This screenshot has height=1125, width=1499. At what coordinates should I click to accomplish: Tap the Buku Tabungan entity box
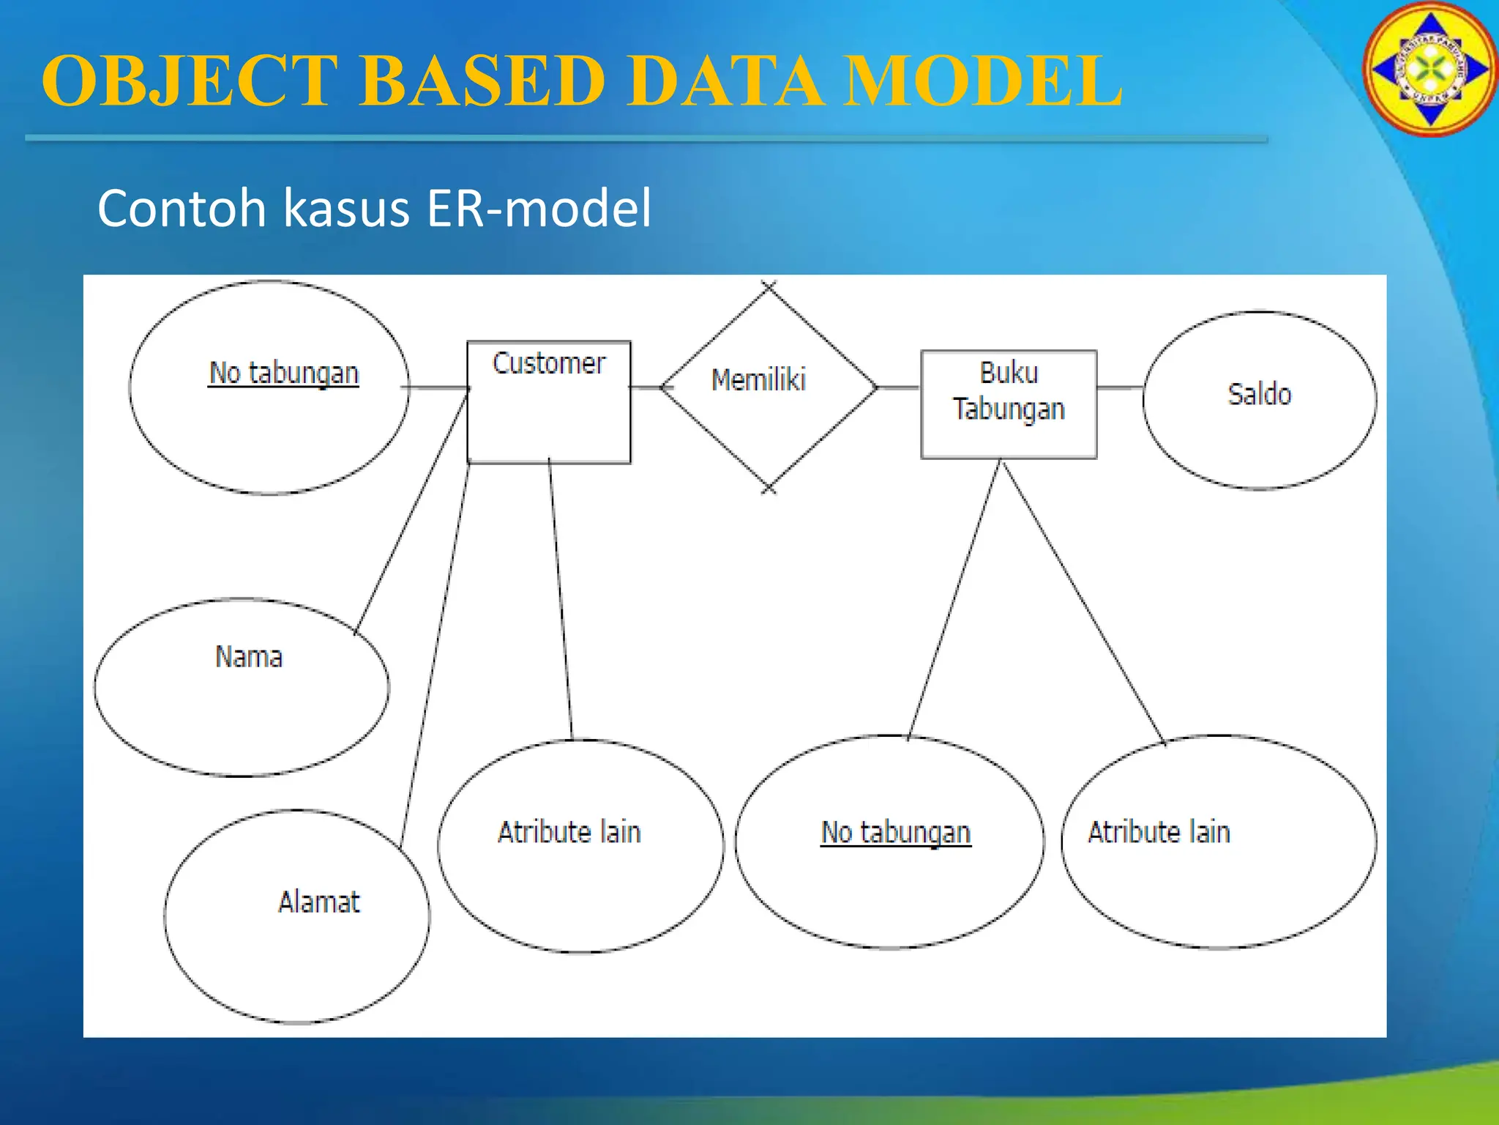click(x=1009, y=404)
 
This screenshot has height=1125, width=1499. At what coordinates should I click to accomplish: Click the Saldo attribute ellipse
click(x=1259, y=400)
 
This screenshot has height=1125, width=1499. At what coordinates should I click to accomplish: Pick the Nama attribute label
click(x=249, y=657)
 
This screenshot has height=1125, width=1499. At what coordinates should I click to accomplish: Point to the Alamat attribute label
click(x=319, y=902)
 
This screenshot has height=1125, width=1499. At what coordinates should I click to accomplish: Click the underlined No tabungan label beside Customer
click(x=284, y=374)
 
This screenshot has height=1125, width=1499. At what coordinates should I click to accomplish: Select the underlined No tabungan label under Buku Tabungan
click(x=896, y=833)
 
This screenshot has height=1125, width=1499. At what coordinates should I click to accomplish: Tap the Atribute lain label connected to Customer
click(x=569, y=833)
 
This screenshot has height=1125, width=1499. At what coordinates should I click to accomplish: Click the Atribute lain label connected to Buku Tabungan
click(x=1159, y=833)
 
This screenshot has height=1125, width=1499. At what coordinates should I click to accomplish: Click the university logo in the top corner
click(x=1429, y=70)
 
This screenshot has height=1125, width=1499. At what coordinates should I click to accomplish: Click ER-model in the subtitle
click(x=539, y=209)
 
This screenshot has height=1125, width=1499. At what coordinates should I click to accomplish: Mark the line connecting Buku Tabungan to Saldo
click(x=1120, y=387)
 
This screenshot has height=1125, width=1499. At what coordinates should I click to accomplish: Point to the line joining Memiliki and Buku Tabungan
click(x=899, y=387)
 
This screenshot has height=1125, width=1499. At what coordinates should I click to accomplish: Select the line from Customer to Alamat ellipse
click(x=436, y=652)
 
